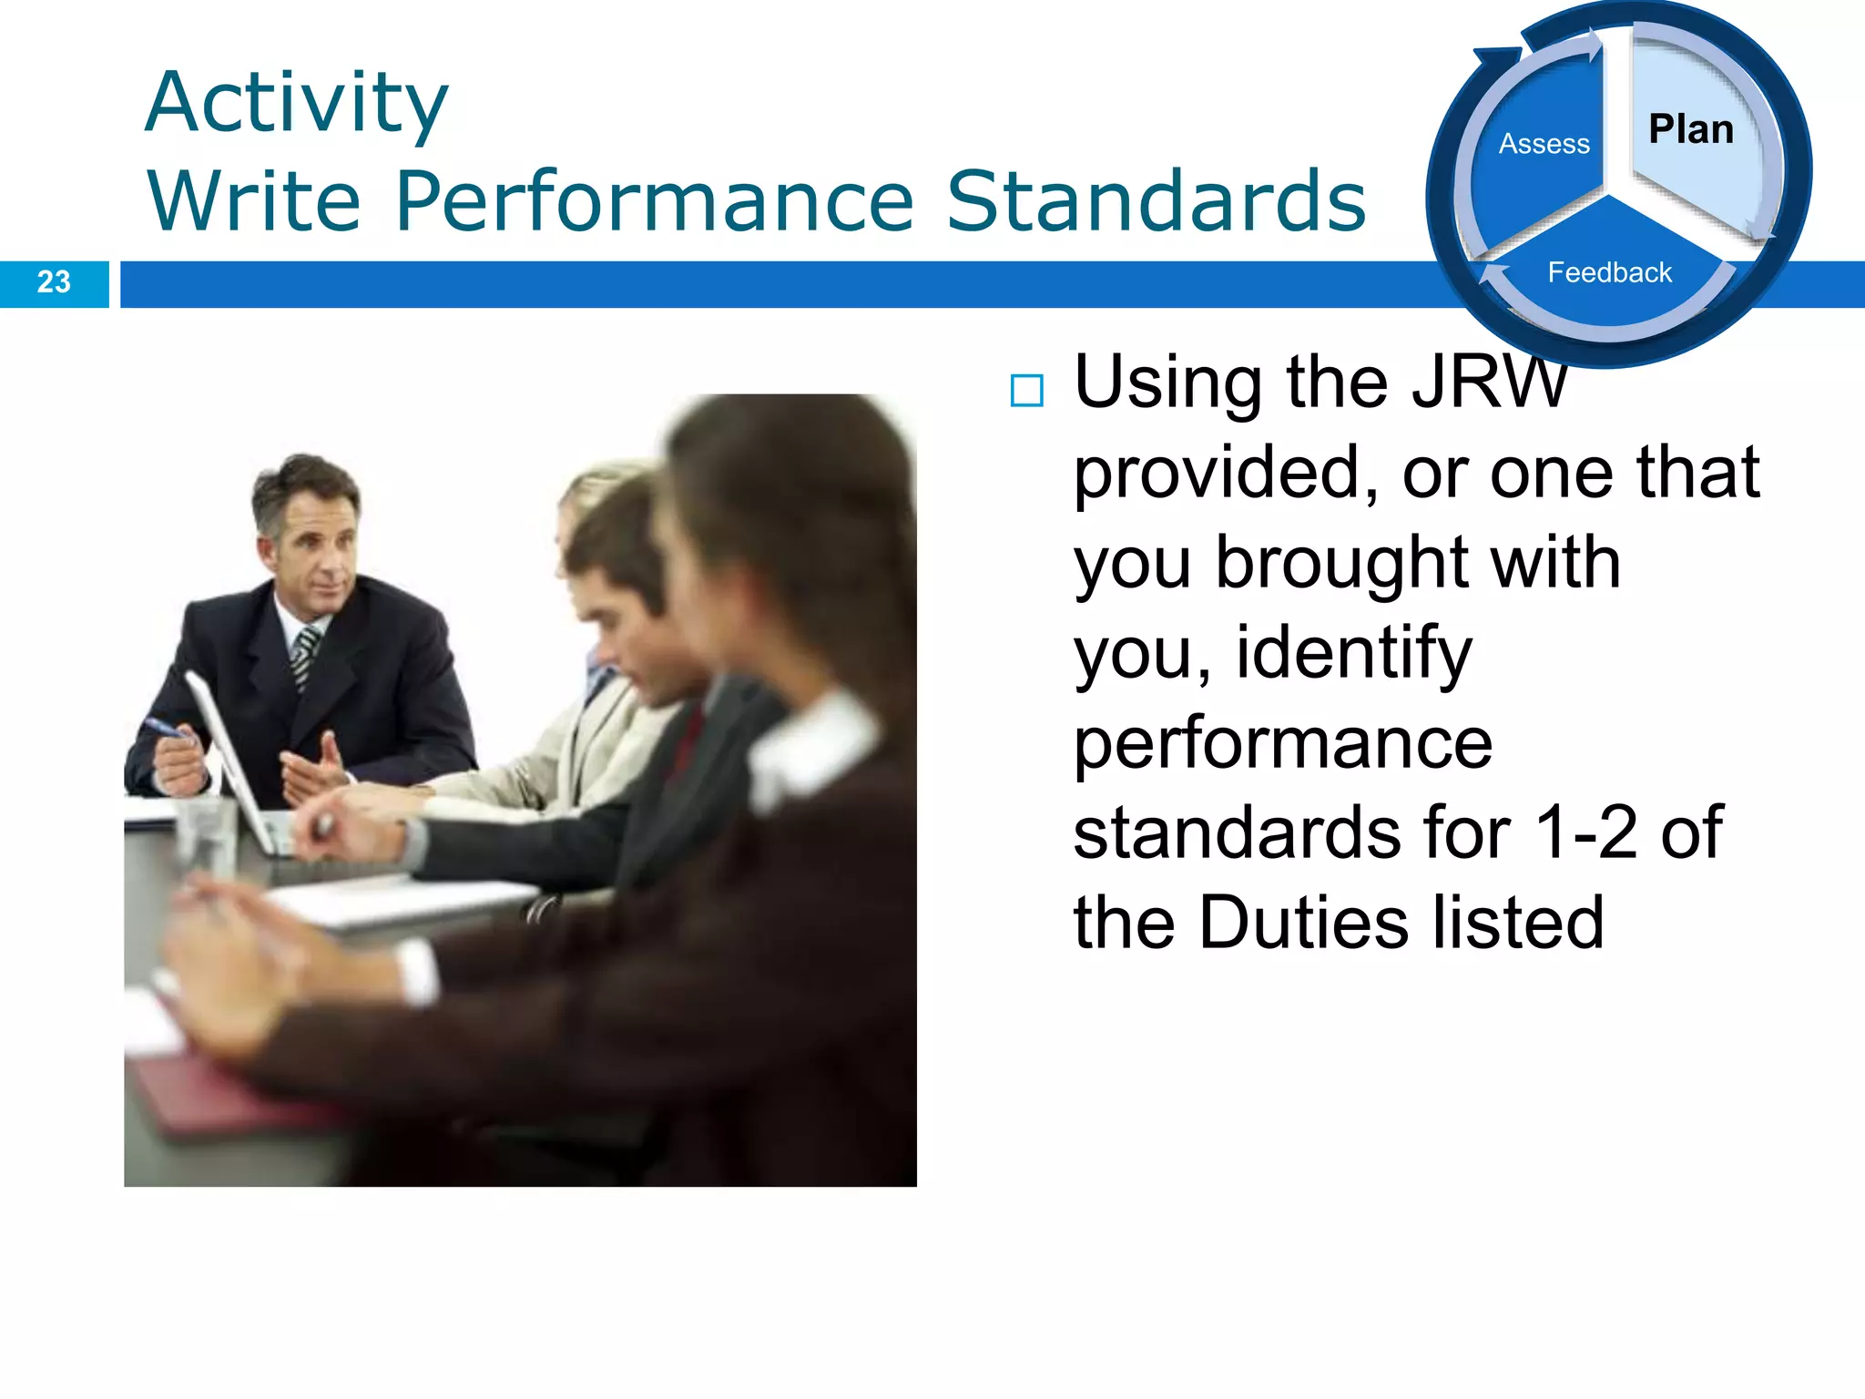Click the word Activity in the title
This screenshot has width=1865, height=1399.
[x=297, y=104]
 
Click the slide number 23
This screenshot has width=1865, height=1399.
[x=54, y=282]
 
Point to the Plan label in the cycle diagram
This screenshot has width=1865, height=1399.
[x=1691, y=129]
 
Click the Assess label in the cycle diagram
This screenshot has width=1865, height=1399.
[x=1544, y=144]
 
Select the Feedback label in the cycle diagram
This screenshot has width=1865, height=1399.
[x=1609, y=272]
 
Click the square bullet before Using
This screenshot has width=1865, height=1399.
[x=1026, y=391]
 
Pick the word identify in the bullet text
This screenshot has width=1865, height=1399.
[x=1353, y=653]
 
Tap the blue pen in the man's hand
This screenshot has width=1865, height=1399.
[x=164, y=728]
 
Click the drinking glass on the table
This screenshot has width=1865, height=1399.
[x=205, y=833]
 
